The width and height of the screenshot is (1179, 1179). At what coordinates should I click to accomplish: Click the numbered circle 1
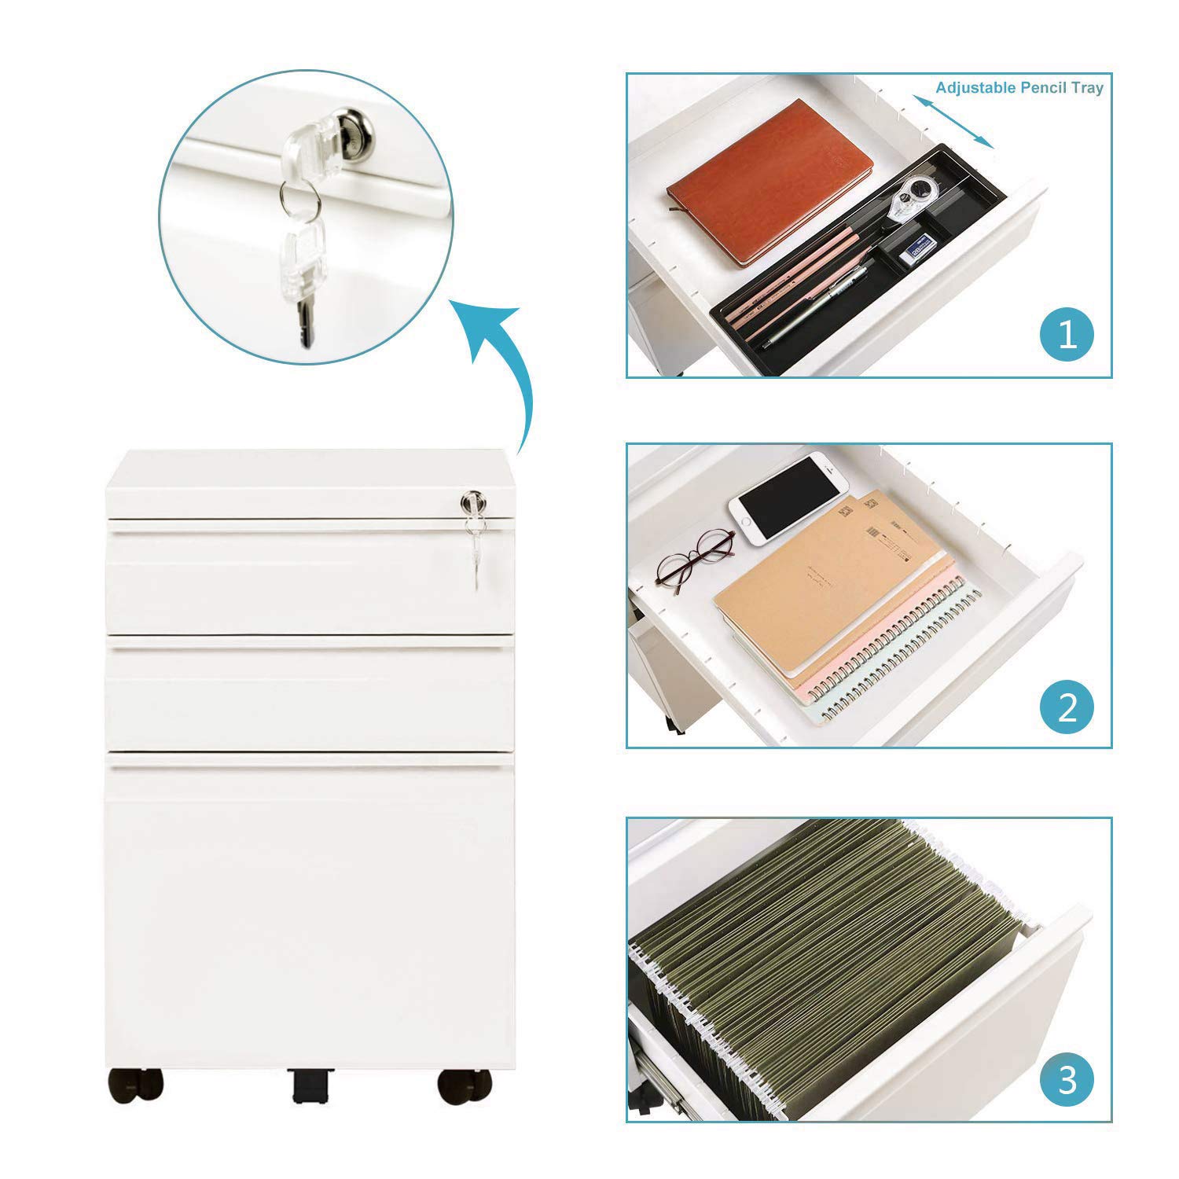(x=1067, y=334)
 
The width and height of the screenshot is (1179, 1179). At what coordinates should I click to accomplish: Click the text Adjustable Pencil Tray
(x=1019, y=87)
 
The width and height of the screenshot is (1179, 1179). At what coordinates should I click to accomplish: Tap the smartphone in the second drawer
(x=784, y=498)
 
